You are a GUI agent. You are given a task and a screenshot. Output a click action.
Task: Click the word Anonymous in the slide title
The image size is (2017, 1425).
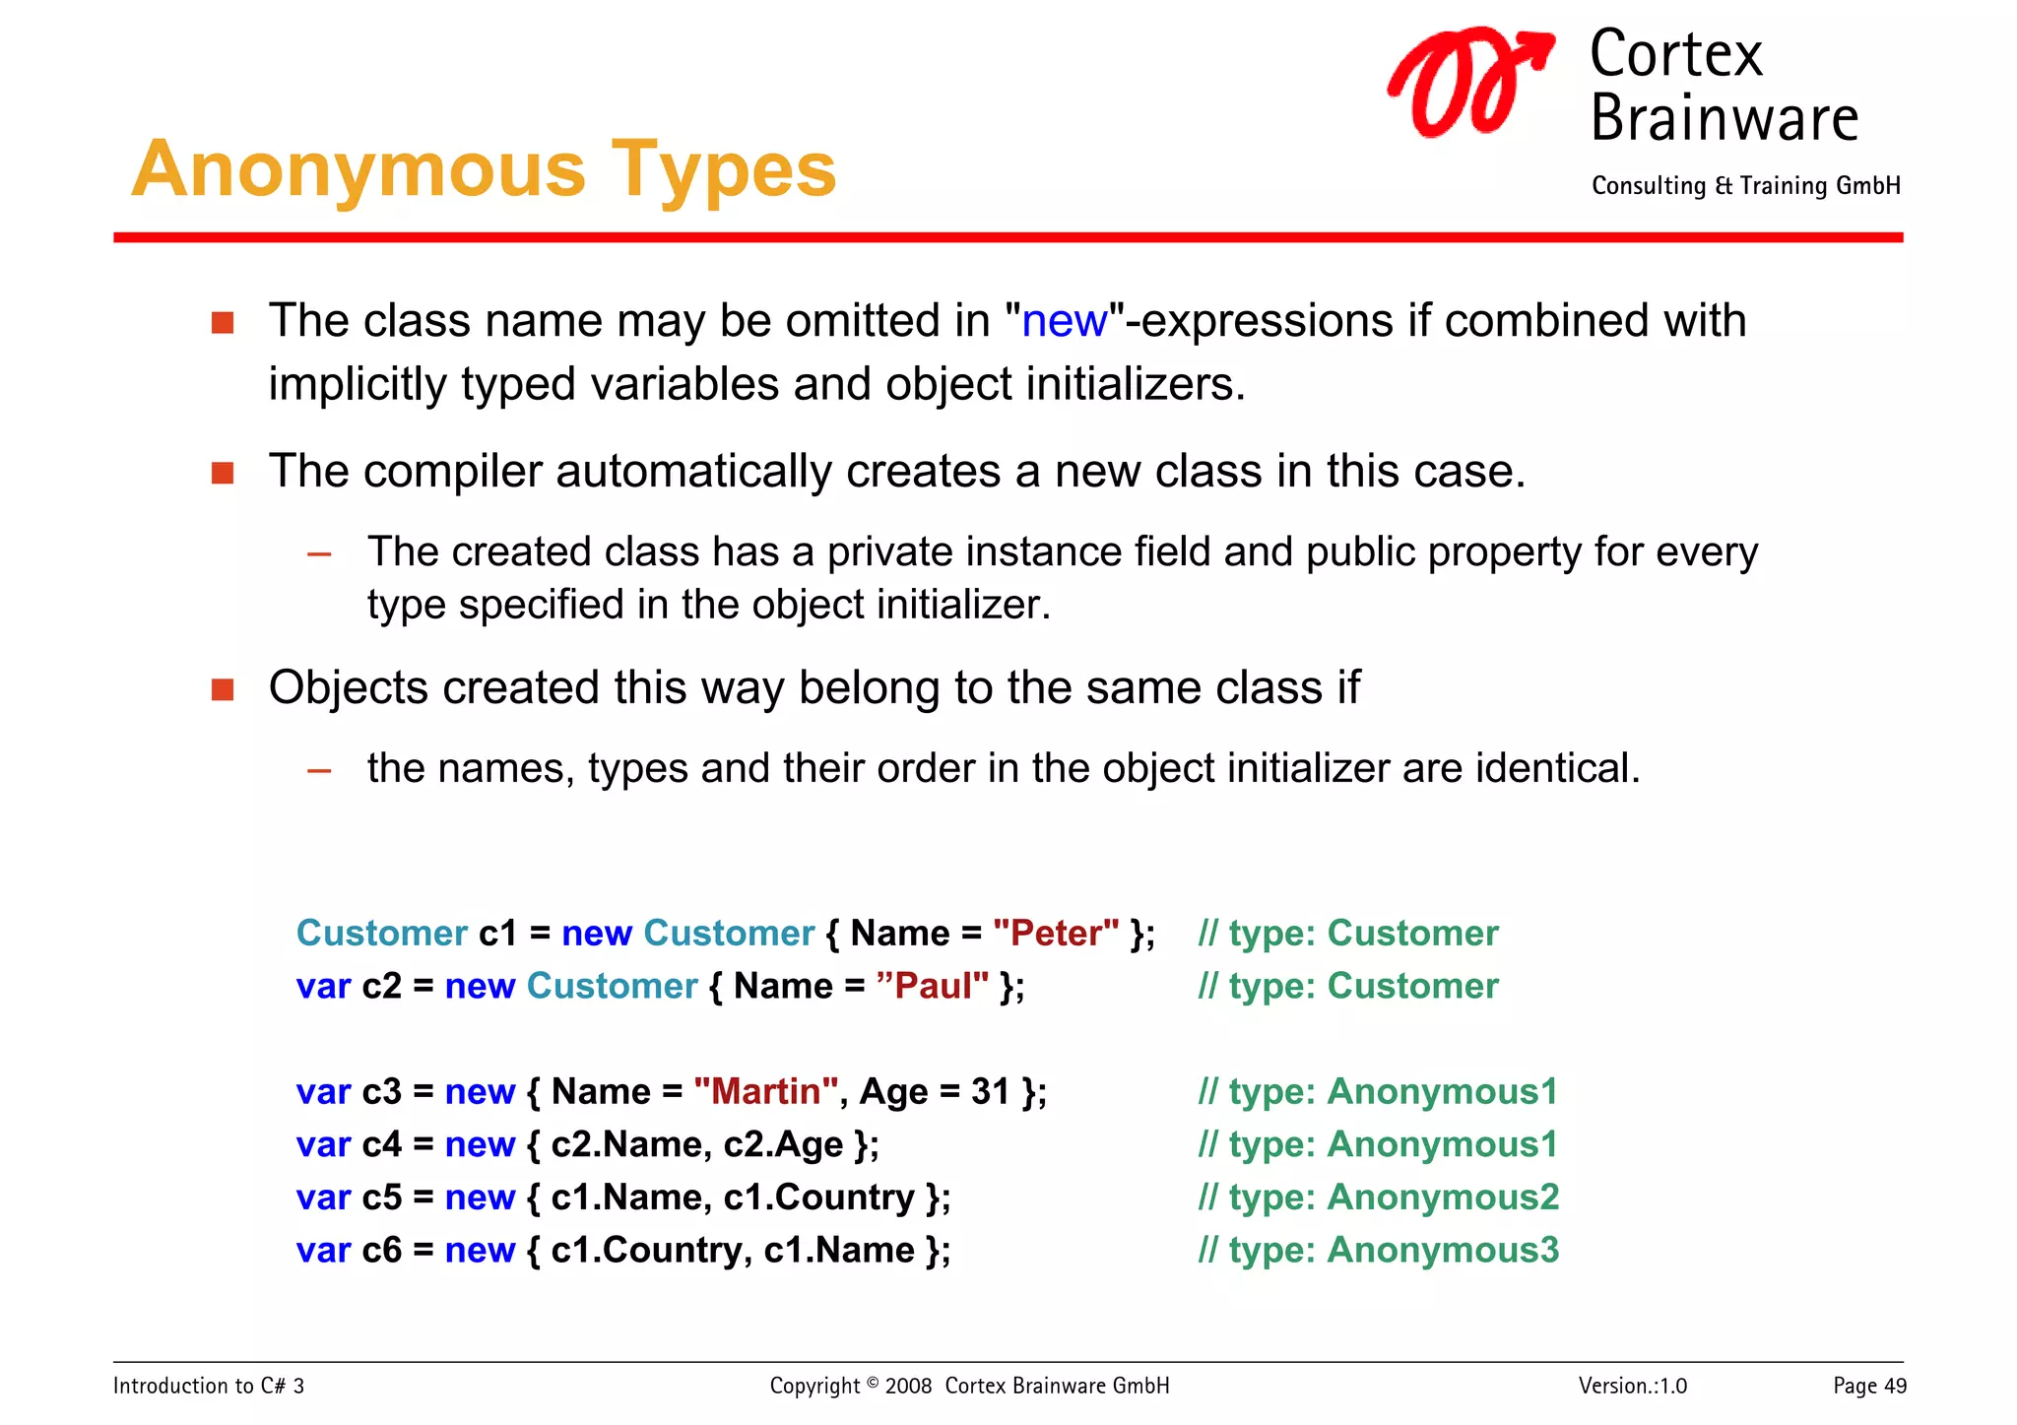(358, 169)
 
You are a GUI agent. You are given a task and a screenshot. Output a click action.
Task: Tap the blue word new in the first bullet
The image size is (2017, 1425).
(1064, 321)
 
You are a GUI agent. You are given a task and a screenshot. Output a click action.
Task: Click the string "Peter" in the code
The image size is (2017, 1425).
(1055, 933)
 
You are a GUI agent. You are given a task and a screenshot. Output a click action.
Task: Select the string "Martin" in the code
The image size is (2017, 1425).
(765, 1091)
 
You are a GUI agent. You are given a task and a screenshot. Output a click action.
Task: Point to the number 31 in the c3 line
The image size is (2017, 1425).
(990, 1091)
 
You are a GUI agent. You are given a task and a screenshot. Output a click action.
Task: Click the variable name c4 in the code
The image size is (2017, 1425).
(382, 1144)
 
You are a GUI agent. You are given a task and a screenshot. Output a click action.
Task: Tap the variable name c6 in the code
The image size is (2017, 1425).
(382, 1250)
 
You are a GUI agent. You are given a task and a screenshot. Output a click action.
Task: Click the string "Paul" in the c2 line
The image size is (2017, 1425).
(932, 986)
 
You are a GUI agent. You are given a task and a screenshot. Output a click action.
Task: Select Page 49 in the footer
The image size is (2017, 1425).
(1868, 1386)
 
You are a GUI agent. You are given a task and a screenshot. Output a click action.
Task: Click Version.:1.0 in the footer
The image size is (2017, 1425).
(1632, 1386)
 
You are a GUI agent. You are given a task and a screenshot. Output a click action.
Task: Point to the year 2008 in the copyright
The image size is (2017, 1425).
(908, 1386)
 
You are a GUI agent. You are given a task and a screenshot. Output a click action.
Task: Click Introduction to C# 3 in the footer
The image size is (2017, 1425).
(209, 1386)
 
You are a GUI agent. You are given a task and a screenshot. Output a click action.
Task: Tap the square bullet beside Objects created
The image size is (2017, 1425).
(223, 688)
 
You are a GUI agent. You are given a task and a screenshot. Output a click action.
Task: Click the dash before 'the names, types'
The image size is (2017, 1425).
(319, 770)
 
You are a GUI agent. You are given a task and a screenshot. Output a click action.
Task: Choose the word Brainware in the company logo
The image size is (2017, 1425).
(1724, 118)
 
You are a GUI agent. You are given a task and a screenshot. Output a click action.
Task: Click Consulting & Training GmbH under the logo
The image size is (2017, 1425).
(1745, 185)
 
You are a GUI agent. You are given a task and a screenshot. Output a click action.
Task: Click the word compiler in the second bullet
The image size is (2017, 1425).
(452, 471)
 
